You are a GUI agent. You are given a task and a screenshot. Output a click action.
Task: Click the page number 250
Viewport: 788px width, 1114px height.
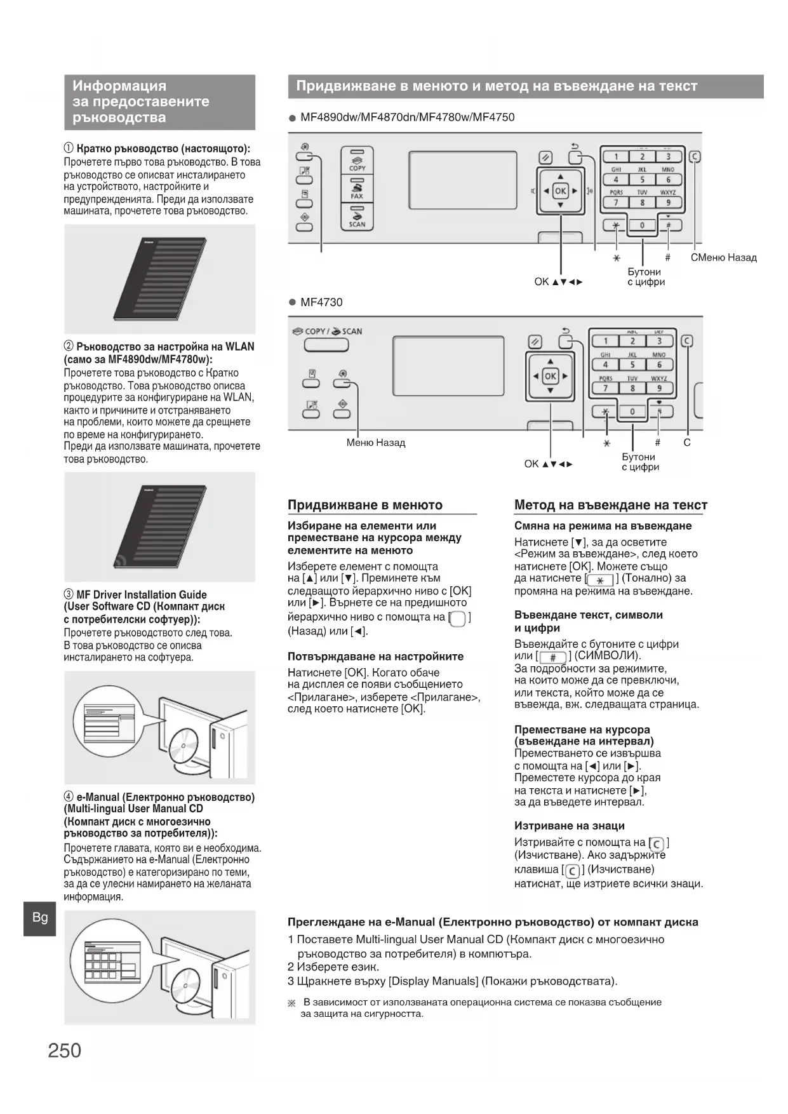(x=64, y=1050)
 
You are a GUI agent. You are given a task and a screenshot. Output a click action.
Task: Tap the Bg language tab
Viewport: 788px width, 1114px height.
(x=39, y=917)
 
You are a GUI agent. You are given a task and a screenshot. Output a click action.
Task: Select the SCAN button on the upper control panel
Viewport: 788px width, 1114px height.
(x=357, y=217)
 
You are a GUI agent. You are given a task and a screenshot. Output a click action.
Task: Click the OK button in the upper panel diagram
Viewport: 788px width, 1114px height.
(x=560, y=191)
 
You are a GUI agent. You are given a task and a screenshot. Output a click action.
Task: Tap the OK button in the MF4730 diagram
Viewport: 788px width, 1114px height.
(x=550, y=376)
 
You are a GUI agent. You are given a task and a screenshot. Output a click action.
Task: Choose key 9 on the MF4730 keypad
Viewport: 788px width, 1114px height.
(x=659, y=388)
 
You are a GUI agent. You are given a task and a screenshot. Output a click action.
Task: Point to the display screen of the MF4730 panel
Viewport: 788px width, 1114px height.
(x=448, y=366)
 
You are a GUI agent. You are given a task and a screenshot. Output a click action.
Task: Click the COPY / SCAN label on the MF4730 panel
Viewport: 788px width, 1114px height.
(x=327, y=331)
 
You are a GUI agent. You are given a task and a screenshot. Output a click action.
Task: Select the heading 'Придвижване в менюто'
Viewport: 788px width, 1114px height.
(x=365, y=505)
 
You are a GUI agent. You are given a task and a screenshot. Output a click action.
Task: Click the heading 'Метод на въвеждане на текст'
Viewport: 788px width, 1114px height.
(x=610, y=505)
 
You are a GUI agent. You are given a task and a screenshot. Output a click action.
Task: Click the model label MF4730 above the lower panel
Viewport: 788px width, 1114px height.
(x=321, y=302)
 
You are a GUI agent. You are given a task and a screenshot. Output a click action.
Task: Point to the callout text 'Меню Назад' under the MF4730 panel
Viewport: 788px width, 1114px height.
(x=376, y=443)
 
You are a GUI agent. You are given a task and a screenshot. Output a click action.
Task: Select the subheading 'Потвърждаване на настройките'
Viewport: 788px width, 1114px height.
(x=375, y=656)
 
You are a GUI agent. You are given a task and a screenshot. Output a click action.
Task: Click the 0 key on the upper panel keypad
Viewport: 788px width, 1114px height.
(x=642, y=225)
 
